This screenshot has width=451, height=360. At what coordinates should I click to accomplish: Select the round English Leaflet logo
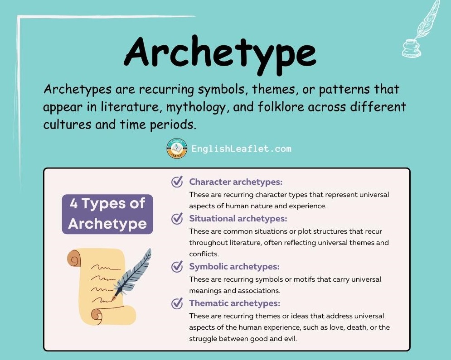177,149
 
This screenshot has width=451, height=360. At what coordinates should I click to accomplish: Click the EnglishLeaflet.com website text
241,149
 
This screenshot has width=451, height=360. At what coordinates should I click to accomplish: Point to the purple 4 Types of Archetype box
107,214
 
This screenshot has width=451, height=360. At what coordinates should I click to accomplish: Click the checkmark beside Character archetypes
177,182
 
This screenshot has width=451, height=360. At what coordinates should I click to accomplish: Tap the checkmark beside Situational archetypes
177,219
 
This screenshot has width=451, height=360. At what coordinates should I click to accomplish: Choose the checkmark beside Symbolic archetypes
177,267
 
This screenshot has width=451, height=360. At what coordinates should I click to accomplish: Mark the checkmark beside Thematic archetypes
177,303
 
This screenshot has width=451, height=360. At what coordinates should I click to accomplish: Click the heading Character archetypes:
236,182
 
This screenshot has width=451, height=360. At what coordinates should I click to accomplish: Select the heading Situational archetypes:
238,219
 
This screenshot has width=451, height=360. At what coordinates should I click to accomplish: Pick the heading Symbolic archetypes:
234,267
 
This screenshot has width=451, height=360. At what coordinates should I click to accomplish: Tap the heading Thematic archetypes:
235,303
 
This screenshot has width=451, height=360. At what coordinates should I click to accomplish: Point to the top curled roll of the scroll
75,258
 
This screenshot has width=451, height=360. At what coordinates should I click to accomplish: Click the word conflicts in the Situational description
204,254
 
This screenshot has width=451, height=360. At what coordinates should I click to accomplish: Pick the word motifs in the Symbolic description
297,279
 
